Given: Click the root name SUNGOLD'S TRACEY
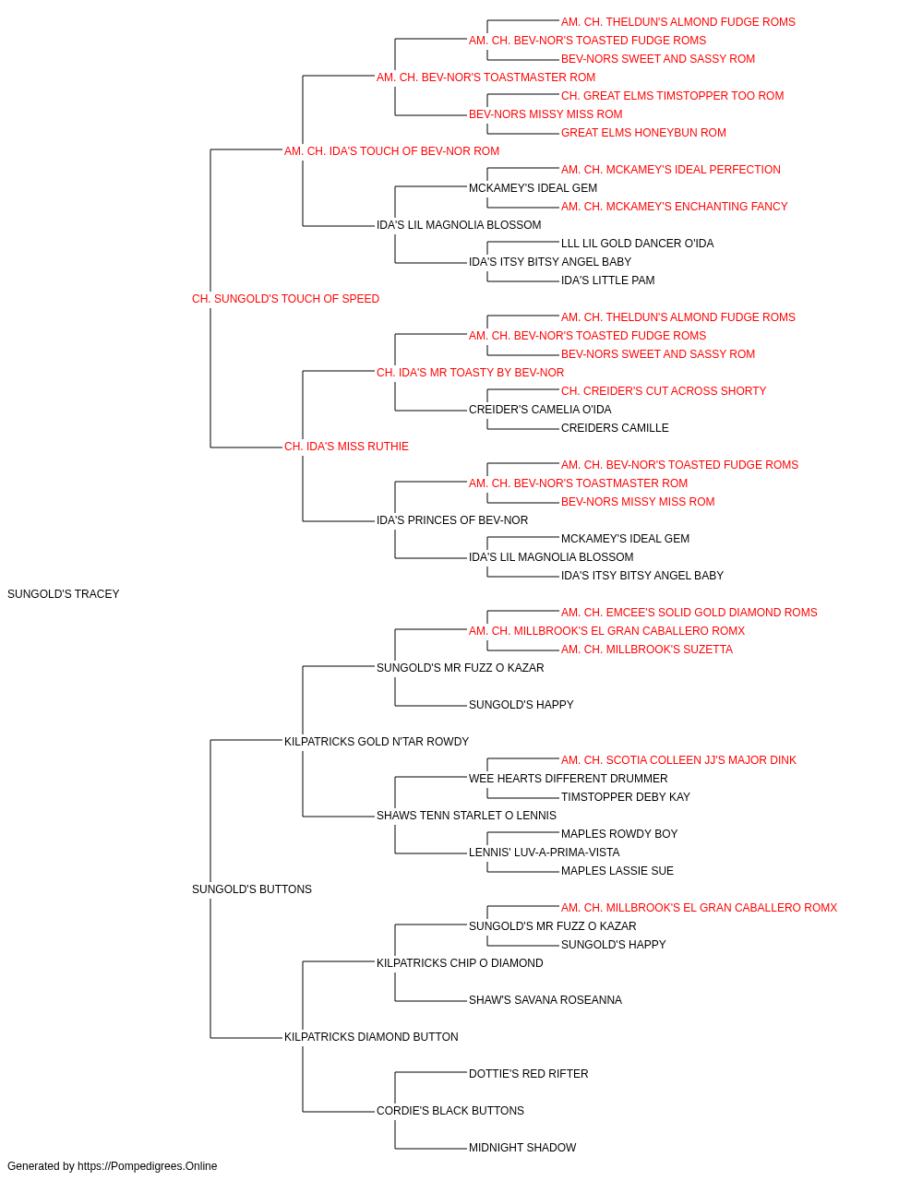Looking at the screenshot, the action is click(x=63, y=594).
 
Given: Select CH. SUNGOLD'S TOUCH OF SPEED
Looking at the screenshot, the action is click(x=285, y=299).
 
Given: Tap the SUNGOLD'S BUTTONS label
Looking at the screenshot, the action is click(x=252, y=889).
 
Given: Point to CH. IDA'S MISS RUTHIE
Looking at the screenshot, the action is click(x=346, y=447).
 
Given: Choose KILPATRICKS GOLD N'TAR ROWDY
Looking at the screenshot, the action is click(x=377, y=741).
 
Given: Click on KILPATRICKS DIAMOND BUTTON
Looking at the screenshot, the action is click(x=371, y=1036).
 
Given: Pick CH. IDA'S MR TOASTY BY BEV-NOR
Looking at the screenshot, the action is click(x=470, y=372).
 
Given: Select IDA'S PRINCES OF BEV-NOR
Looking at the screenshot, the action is click(x=452, y=520).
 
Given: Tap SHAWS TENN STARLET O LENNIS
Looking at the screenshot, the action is click(x=466, y=816).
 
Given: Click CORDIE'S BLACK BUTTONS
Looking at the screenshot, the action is click(x=450, y=1110).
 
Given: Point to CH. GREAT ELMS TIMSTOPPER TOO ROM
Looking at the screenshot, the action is click(x=673, y=96).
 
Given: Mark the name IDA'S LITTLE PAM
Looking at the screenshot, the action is click(x=607, y=280).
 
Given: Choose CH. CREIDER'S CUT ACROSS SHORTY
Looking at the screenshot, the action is click(x=664, y=391).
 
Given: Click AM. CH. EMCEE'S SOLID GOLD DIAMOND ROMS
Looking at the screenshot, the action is click(x=689, y=613).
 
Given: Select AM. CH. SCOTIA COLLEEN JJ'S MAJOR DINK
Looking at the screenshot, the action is click(x=678, y=759).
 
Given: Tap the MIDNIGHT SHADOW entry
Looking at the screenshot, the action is click(x=522, y=1147).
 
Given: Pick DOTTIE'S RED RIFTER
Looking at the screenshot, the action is click(x=528, y=1073).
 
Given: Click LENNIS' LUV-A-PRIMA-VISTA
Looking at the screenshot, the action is click(x=545, y=853).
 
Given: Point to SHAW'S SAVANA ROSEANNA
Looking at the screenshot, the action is click(x=545, y=999).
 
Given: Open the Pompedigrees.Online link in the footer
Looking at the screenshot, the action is click(x=148, y=1166).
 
